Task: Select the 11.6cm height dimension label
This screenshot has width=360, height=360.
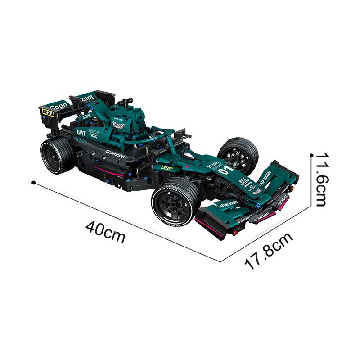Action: tap(326, 179)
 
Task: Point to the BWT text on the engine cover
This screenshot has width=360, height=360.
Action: tap(81, 133)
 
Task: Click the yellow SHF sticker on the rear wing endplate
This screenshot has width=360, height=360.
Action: tap(48, 113)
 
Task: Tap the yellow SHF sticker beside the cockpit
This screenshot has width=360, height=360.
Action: tap(166, 168)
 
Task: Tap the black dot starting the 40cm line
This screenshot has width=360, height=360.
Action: tap(33, 182)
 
